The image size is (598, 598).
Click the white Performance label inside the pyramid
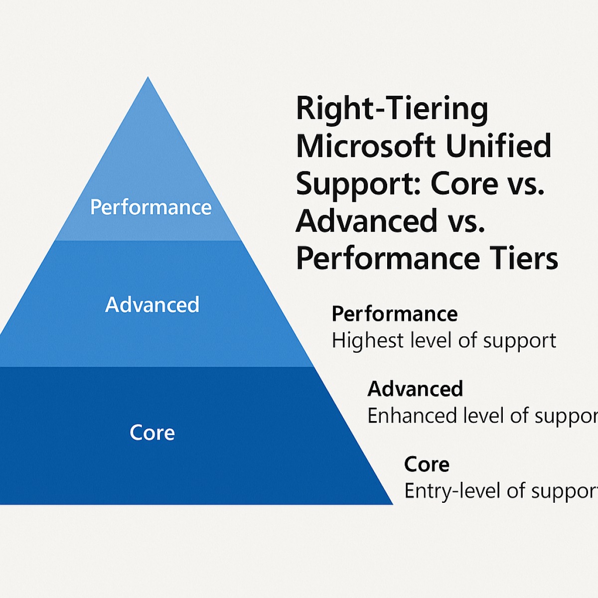pos(150,207)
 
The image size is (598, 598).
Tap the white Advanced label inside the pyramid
pos(152,304)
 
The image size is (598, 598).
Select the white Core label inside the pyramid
pos(152,433)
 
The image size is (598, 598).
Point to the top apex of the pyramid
pos(148,78)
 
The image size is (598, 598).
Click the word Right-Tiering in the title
pos(392,109)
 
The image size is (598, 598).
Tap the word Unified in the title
pos(498,146)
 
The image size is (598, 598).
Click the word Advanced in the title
pos(366,221)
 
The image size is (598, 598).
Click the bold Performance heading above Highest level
pos(394,314)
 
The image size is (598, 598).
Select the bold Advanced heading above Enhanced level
pos(415,389)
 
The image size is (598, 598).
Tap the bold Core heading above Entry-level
pos(427,464)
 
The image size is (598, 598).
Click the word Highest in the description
pos(367,341)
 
